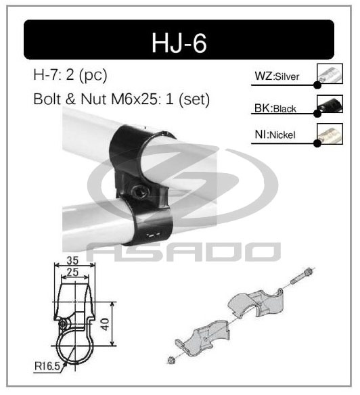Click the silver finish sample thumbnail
click(330, 74)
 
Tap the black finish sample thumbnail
click(330, 104)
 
